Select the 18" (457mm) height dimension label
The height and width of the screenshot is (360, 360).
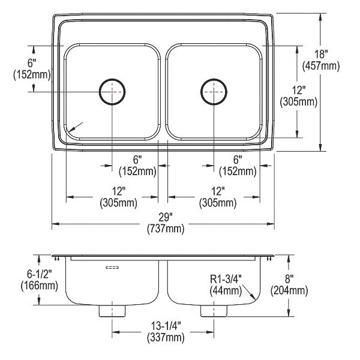(x=321, y=60)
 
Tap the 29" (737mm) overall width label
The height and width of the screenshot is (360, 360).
(x=166, y=223)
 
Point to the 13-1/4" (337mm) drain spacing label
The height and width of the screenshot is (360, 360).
(x=166, y=332)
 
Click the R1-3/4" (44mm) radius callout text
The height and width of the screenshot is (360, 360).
(x=226, y=285)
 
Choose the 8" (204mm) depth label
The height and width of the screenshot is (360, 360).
(x=289, y=285)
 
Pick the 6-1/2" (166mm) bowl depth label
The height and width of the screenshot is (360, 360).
(x=39, y=280)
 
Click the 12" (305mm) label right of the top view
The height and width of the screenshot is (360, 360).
(x=298, y=96)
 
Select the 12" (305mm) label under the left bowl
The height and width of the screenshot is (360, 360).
(x=118, y=197)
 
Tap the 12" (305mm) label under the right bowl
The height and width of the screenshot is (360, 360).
(x=218, y=197)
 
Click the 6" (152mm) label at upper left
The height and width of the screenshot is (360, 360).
(x=32, y=69)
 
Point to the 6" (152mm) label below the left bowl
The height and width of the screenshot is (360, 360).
(x=137, y=166)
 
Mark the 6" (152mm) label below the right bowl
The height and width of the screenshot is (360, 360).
(x=238, y=166)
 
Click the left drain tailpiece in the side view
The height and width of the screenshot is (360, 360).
(x=112, y=311)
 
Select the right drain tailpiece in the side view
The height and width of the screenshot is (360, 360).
(x=214, y=311)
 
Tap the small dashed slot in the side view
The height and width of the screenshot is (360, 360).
(x=112, y=268)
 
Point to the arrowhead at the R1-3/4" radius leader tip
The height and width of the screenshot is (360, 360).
(x=253, y=297)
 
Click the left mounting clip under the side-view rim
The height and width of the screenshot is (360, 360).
(x=57, y=259)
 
